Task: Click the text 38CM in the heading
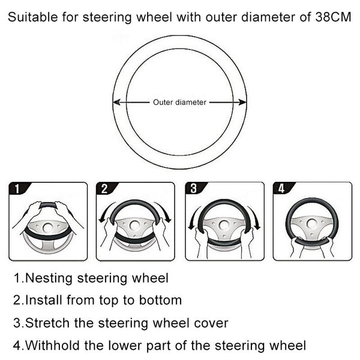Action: point(333,17)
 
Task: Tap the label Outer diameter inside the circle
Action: point(179,103)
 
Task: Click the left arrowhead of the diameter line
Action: point(116,103)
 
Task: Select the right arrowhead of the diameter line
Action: point(242,103)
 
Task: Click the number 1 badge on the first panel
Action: point(17,189)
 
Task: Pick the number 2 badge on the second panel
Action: point(104,189)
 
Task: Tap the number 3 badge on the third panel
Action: point(194,188)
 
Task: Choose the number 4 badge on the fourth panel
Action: point(281,188)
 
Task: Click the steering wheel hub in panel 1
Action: point(48,227)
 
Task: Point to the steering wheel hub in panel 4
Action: point(312,223)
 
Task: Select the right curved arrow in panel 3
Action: point(254,218)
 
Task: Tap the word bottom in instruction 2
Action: point(160,300)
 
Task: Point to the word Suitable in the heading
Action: point(33,17)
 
